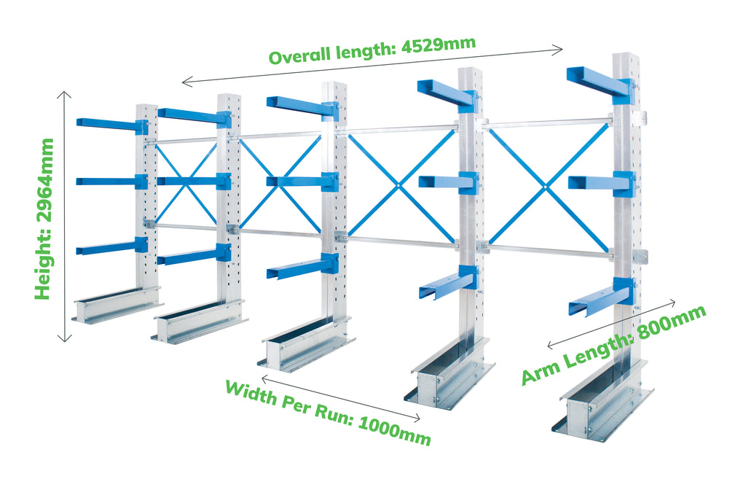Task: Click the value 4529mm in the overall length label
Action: (438, 45)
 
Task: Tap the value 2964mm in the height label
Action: (44, 180)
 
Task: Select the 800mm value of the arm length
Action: (672, 323)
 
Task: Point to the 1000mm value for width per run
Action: (394, 429)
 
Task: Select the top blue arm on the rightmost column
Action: (601, 85)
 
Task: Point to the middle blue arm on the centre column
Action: (302, 182)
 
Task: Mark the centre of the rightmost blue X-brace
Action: (546, 187)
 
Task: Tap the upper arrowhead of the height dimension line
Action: (64, 94)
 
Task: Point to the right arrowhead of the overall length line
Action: (559, 49)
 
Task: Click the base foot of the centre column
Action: (307, 343)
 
